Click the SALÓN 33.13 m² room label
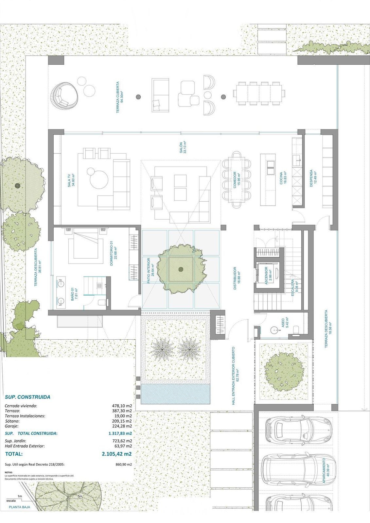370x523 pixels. [x=183, y=147]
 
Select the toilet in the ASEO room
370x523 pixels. [x=296, y=330]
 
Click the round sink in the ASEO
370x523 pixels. [x=274, y=330]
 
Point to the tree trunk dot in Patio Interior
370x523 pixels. [x=181, y=270]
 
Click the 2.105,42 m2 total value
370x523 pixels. [x=117, y=454]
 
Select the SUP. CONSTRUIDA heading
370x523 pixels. [x=27, y=397]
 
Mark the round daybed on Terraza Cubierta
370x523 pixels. [x=64, y=96]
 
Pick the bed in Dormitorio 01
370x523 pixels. [x=84, y=247]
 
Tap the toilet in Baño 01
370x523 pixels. [x=102, y=302]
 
